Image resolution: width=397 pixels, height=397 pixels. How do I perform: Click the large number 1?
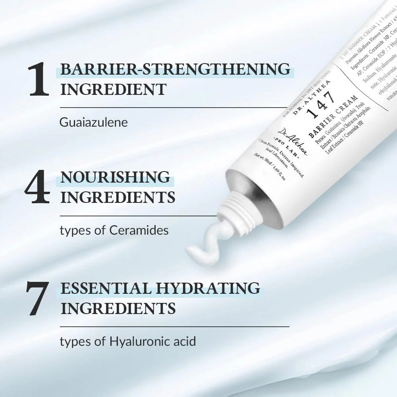coord(39,79)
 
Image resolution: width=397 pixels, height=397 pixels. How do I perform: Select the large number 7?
coord(37,298)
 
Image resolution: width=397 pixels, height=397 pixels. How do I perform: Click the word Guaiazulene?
coord(94,122)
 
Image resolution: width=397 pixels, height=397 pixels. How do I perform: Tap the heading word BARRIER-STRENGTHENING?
coord(175,69)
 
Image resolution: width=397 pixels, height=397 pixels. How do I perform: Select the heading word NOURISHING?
coord(115,177)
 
